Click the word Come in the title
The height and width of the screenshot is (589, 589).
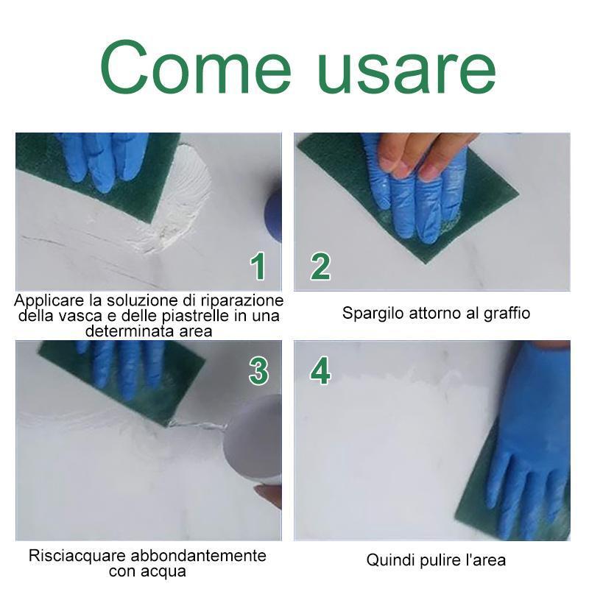click(x=196, y=67)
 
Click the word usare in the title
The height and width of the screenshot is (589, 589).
click(x=407, y=71)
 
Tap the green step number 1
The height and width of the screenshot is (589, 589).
click(x=258, y=267)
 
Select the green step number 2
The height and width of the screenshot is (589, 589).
click(x=320, y=267)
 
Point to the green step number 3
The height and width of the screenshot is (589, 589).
click(x=259, y=371)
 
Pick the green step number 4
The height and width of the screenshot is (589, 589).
click(x=320, y=371)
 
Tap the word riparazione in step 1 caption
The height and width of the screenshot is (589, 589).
click(x=242, y=301)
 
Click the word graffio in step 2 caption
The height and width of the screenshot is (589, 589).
click(x=507, y=313)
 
